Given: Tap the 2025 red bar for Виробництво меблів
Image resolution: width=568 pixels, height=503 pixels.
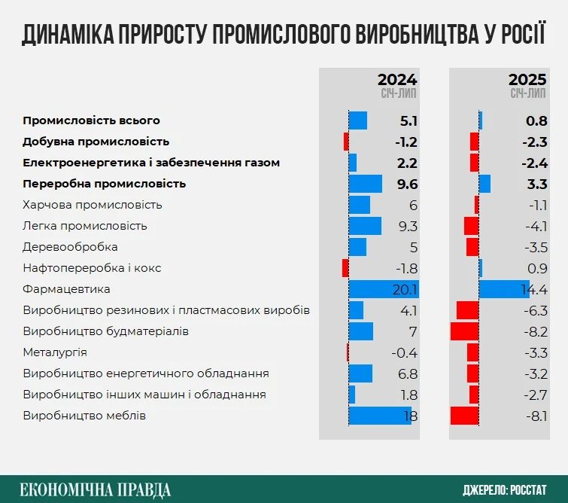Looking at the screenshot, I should click(465, 416).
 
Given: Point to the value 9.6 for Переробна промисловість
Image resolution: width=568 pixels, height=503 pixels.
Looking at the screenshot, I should click(408, 184).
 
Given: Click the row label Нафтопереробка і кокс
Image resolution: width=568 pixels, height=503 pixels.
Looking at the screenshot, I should click(92, 268).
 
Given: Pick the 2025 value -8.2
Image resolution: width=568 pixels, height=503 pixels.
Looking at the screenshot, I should click(536, 331).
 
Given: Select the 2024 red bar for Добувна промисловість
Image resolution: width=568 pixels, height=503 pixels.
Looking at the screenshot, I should click(346, 142).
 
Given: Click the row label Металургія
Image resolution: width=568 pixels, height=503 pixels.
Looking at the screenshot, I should click(55, 352).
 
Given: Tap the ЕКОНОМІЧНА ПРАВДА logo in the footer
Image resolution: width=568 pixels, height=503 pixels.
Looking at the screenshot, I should click(96, 489).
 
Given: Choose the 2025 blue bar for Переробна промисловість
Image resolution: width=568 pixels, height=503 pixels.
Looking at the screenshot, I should click(484, 184).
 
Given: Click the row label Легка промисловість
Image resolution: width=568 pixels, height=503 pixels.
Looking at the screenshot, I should click(85, 226).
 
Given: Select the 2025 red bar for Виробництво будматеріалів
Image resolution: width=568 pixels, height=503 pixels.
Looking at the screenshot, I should click(465, 331).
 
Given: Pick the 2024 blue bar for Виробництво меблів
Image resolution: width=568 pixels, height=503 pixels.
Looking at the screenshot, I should click(379, 416).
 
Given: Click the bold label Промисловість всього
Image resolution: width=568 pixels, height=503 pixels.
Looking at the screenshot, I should click(91, 120).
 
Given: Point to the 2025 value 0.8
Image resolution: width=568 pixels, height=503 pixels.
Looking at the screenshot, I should click(536, 120).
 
